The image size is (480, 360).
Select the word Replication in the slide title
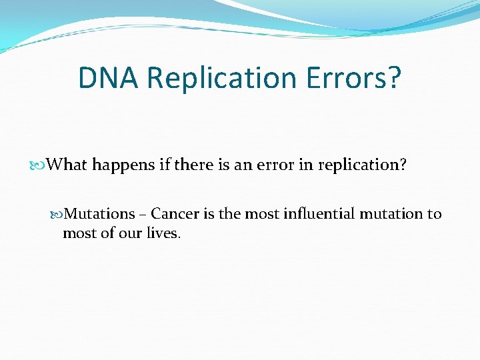tap(220, 77)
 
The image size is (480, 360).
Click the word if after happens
tap(165, 164)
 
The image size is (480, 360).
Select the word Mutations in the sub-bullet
tap(99, 214)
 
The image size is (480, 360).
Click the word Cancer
tap(173, 214)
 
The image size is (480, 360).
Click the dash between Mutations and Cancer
tap(143, 215)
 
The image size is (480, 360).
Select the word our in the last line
tap(129, 233)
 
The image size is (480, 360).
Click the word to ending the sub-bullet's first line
tap(434, 214)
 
